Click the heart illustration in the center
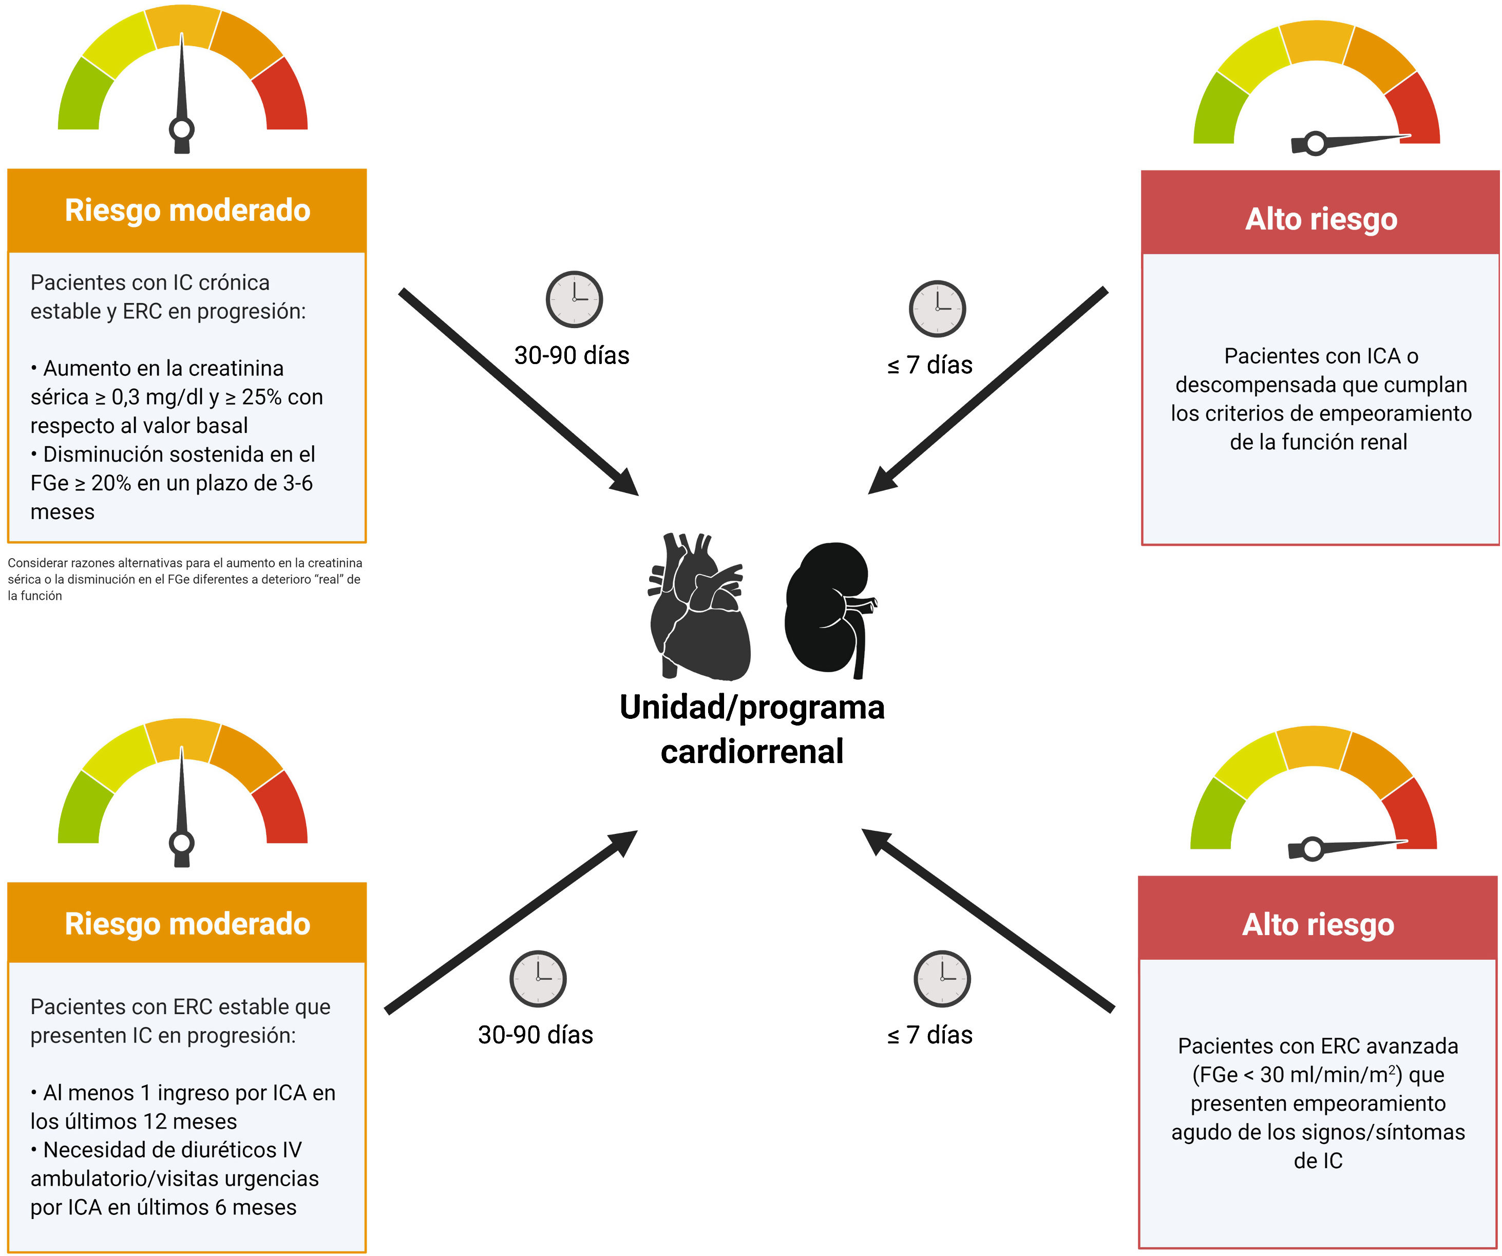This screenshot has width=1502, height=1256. tap(698, 606)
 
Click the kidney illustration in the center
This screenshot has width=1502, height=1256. tap(830, 608)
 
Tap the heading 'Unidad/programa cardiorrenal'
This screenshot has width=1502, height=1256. tap(752, 729)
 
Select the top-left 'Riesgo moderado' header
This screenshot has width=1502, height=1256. tap(187, 211)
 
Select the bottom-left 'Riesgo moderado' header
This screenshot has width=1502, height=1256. tap(187, 923)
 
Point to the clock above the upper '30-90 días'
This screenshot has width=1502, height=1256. tap(574, 299)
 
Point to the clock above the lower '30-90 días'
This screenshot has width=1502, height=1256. tap(538, 979)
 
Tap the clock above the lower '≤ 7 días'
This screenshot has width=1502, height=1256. tap(942, 979)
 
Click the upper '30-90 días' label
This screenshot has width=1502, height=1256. tap(572, 355)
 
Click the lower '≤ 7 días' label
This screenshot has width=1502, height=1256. tap(930, 1035)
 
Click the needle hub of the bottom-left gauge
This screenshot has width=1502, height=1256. tap(182, 843)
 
